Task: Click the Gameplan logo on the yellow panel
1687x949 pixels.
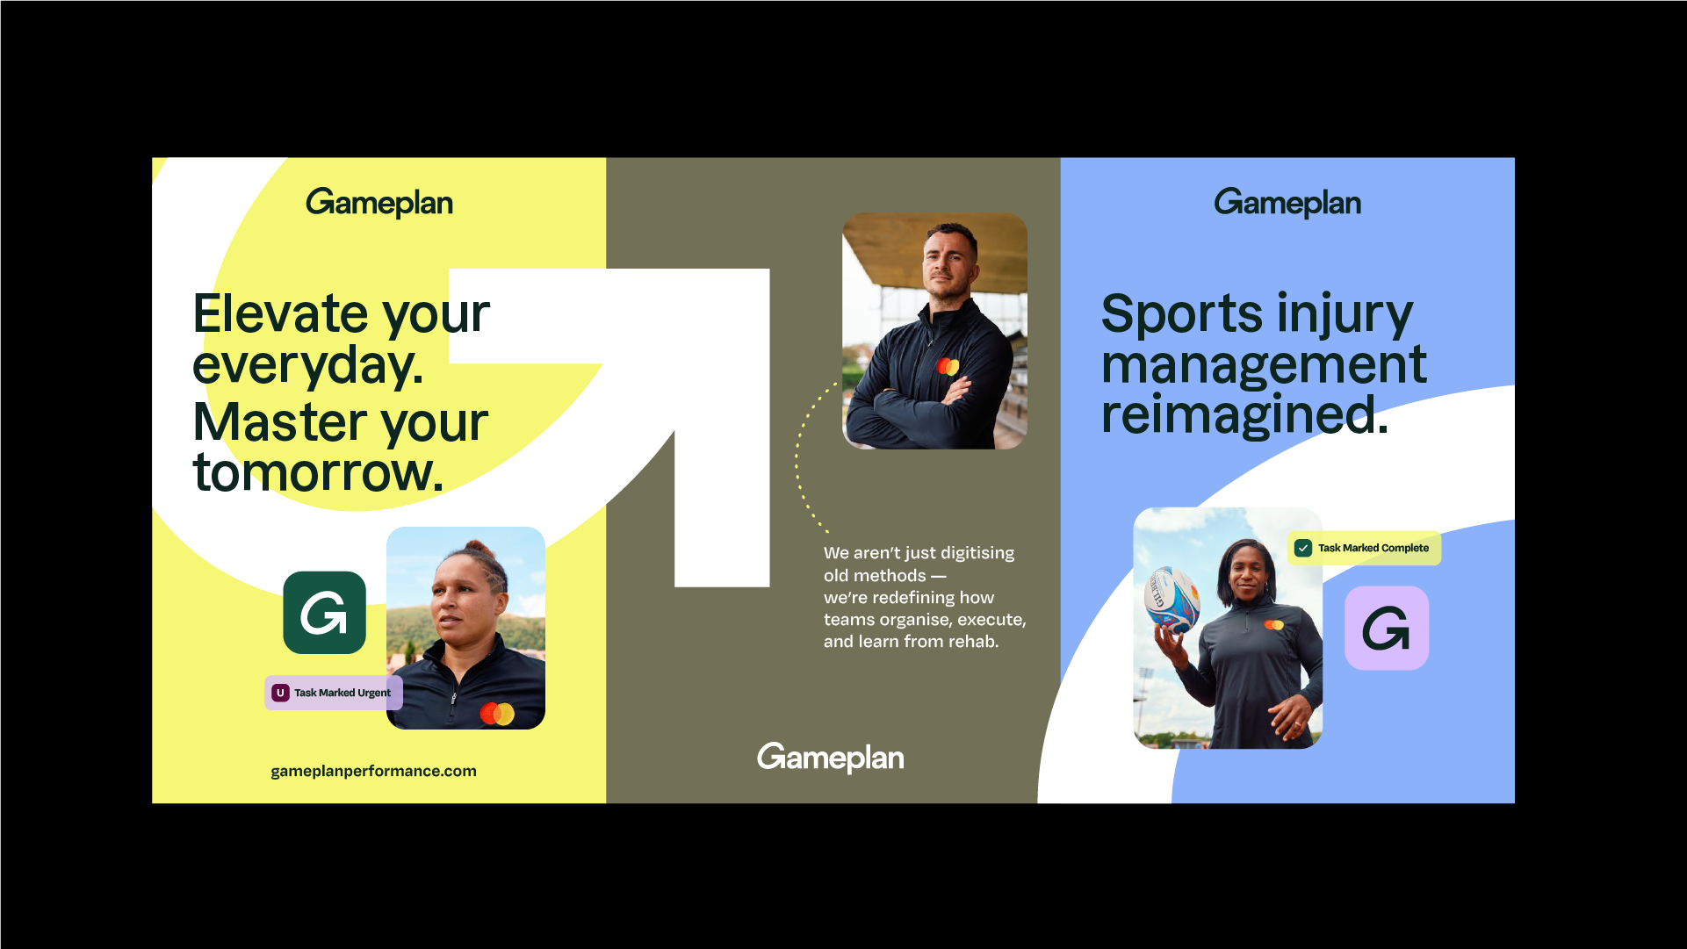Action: click(x=379, y=203)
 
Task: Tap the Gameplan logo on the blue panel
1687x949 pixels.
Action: click(x=1287, y=203)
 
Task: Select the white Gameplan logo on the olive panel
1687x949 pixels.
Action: click(x=831, y=758)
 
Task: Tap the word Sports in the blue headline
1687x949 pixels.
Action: click(x=1182, y=314)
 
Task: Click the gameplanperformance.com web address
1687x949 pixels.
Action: click(x=373, y=771)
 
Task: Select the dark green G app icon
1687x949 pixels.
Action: click(x=324, y=613)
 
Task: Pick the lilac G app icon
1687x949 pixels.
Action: click(x=1387, y=628)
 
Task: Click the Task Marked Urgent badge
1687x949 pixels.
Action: click(x=334, y=693)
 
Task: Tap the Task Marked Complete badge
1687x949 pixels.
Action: click(x=1364, y=548)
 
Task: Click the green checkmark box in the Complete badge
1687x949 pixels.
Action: click(x=1303, y=548)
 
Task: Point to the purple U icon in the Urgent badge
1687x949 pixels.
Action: click(x=280, y=693)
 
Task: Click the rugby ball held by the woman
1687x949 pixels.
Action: click(x=1172, y=600)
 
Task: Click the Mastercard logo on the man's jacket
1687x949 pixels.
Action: click(x=948, y=366)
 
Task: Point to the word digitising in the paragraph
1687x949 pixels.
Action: click(x=977, y=554)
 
